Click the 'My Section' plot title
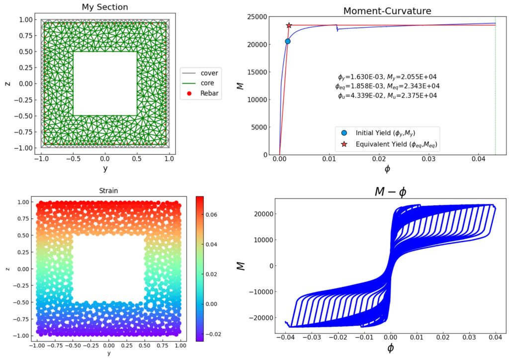(x=105, y=7)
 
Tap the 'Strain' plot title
(x=108, y=190)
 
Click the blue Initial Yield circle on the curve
(x=288, y=41)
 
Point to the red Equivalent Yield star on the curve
(x=289, y=25)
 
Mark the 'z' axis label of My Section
(x=8, y=84)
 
